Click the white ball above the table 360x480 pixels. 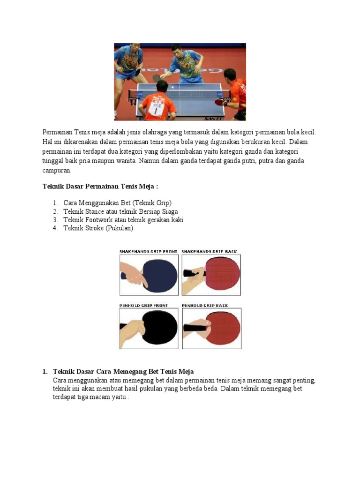(172, 87)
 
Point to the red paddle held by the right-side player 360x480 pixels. (219, 101)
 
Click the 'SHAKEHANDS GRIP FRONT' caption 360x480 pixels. (148, 252)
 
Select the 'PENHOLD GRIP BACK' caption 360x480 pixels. (205, 306)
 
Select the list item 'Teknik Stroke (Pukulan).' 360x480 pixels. (99, 228)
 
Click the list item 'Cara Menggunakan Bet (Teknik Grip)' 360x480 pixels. (118, 203)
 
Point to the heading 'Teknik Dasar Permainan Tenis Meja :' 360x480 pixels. (100, 187)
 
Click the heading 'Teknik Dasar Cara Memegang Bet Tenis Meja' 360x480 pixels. (123, 372)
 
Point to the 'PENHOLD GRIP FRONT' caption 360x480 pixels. (143, 306)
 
